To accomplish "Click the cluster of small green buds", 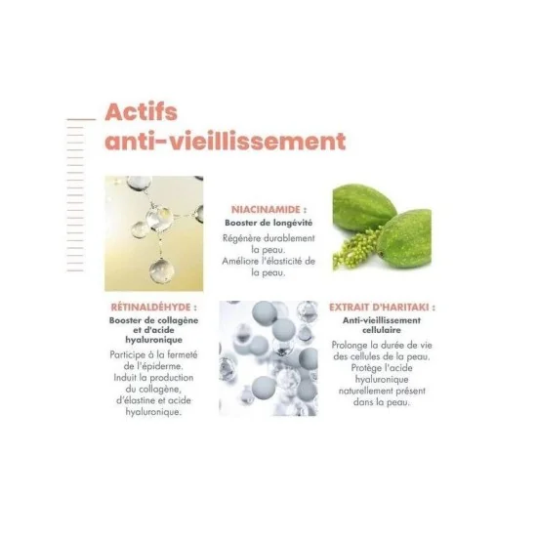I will [x=354, y=248].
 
